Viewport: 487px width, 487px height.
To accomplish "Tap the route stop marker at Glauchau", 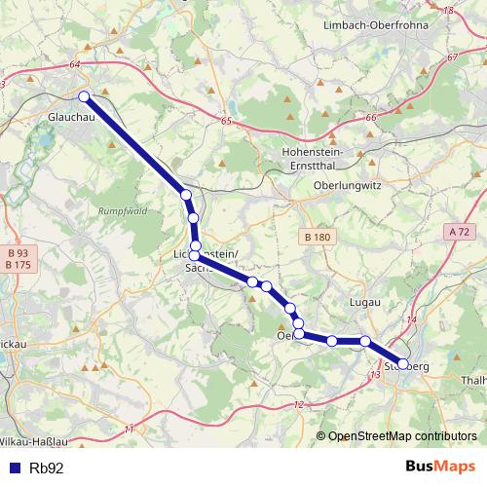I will (x=85, y=95).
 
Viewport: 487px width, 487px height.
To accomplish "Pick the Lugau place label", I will (x=363, y=304).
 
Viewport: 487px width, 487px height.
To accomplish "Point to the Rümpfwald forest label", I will (x=122, y=210).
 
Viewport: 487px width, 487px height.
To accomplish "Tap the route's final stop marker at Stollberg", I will (x=403, y=363).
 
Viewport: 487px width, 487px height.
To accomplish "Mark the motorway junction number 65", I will (x=226, y=122).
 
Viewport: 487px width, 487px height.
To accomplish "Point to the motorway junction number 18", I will (x=449, y=10).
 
